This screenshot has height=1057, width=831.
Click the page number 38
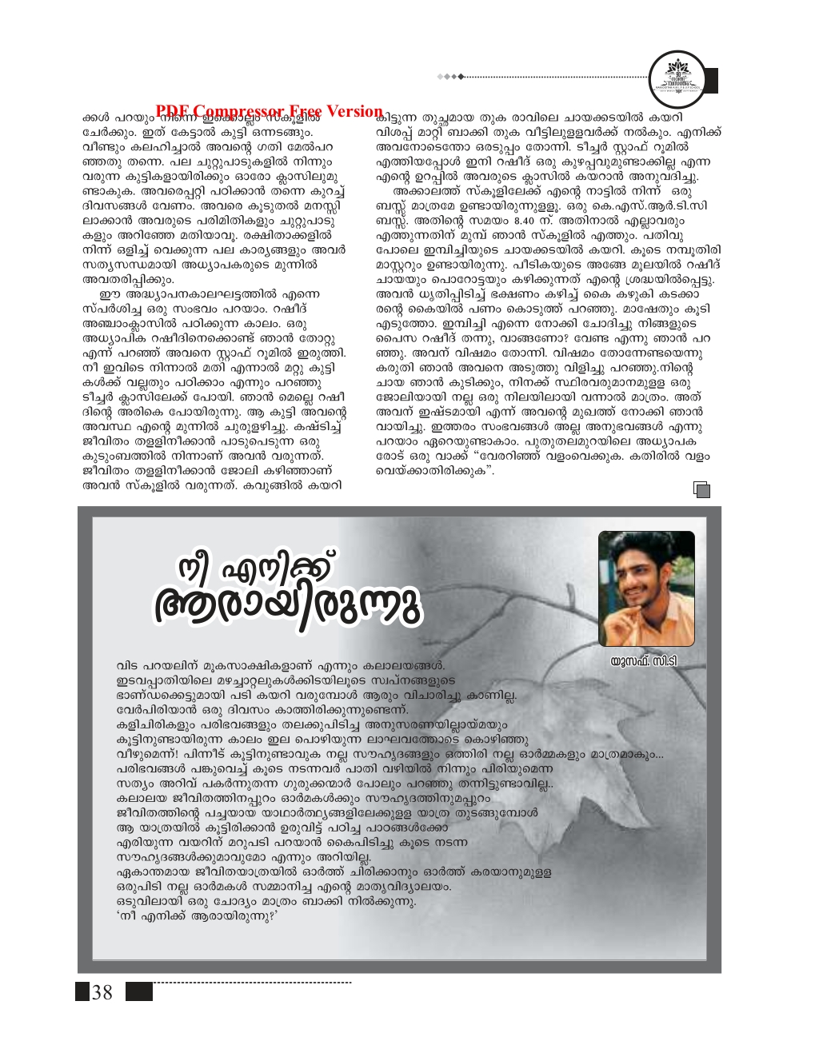[x=102, y=992]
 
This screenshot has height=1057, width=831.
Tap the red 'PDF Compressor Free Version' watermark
[x=270, y=111]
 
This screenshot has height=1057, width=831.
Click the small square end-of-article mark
[x=701, y=489]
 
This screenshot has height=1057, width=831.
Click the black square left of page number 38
[x=82, y=992]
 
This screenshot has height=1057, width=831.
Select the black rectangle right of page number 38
[x=138, y=992]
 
